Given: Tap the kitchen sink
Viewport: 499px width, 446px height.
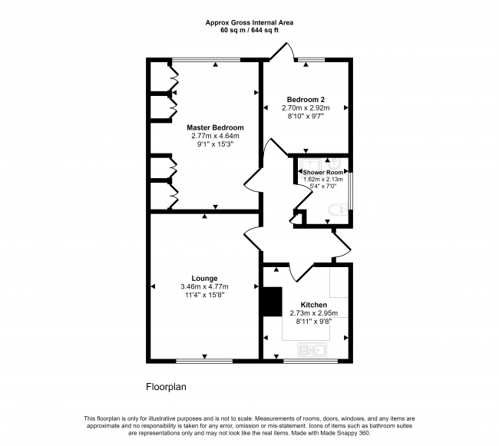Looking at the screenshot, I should (313, 350).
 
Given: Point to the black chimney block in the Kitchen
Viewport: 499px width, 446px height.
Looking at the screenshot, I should (270, 301).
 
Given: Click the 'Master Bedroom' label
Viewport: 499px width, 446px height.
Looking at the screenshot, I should (215, 127).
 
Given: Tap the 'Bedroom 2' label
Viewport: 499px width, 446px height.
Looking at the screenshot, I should (306, 100).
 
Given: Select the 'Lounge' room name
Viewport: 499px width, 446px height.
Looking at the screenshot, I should (204, 279).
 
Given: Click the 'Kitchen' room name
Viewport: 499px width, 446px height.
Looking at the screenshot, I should (314, 304).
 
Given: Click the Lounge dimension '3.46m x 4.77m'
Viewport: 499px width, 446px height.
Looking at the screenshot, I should (204, 287).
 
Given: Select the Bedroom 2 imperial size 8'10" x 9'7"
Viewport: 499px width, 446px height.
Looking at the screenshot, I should (306, 117).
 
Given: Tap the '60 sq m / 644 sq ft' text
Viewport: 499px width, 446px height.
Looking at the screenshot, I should (249, 31).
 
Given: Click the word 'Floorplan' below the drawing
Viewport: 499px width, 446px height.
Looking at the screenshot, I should (166, 387).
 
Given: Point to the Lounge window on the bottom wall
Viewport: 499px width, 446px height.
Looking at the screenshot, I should (204, 359).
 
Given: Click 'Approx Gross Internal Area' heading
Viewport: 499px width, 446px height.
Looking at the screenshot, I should (249, 23).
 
